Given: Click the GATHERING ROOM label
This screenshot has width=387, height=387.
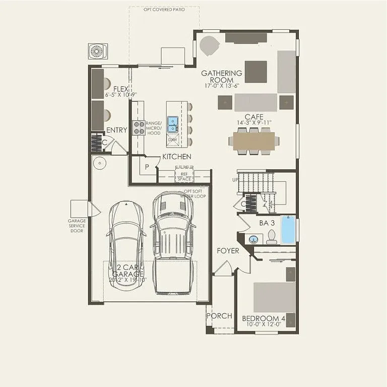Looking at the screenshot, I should pos(222,77).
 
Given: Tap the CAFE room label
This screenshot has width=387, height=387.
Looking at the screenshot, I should pos(254,117).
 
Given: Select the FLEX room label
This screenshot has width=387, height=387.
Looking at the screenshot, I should pos(121,89).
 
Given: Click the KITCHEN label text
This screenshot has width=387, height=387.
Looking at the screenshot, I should pos(176,157).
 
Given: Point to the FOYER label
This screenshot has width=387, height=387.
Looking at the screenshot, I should pos(228,251).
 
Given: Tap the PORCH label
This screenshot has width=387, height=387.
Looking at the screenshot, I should pos(220,316).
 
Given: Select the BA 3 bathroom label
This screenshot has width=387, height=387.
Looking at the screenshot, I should pos(267,222).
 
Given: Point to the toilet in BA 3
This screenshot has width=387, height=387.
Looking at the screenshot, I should pos(271,236).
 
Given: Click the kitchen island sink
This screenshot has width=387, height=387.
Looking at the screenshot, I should pos(173,121).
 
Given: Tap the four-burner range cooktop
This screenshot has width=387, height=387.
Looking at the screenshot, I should pos(139,127).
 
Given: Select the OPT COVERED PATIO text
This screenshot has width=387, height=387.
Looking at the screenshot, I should pos(164,10).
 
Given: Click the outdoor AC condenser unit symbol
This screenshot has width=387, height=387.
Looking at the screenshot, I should pos(96,51).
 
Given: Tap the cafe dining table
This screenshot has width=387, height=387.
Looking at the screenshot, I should pos(253,140).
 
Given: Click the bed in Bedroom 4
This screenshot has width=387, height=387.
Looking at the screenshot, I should pos(274,297).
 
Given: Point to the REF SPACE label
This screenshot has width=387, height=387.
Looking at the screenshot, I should pos(183,176).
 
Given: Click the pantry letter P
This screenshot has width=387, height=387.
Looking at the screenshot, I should pos(147,167).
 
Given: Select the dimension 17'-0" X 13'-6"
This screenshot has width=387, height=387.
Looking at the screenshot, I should pos(222,86).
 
